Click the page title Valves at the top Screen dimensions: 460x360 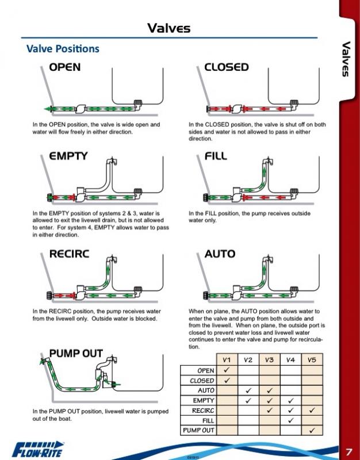pyautogui.click(x=168, y=28)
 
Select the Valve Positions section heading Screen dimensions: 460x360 pyautogui.click(x=63, y=49)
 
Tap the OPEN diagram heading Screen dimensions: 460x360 pyautogui.click(x=64, y=67)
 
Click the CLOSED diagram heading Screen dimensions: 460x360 pyautogui.click(x=226, y=67)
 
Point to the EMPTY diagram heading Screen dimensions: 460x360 pyautogui.click(x=68, y=156)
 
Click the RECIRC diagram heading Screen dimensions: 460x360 pyautogui.click(x=69, y=254)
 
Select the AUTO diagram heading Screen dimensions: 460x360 pyautogui.click(x=220, y=254)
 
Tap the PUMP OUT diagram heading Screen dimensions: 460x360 pyautogui.click(x=76, y=353)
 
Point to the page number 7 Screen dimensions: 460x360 pyautogui.click(x=349, y=451)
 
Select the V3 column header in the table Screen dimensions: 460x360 pyautogui.click(x=269, y=360)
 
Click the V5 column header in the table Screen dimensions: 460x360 pyautogui.click(x=311, y=360)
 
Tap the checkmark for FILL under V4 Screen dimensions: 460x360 pyautogui.click(x=290, y=420)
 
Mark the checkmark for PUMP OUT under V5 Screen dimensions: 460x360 pyautogui.click(x=312, y=430)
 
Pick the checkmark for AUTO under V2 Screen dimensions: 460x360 pyautogui.click(x=248, y=390)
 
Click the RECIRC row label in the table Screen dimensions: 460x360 pyautogui.click(x=202, y=411)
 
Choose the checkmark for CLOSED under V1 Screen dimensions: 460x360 pyautogui.click(x=227, y=380)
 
